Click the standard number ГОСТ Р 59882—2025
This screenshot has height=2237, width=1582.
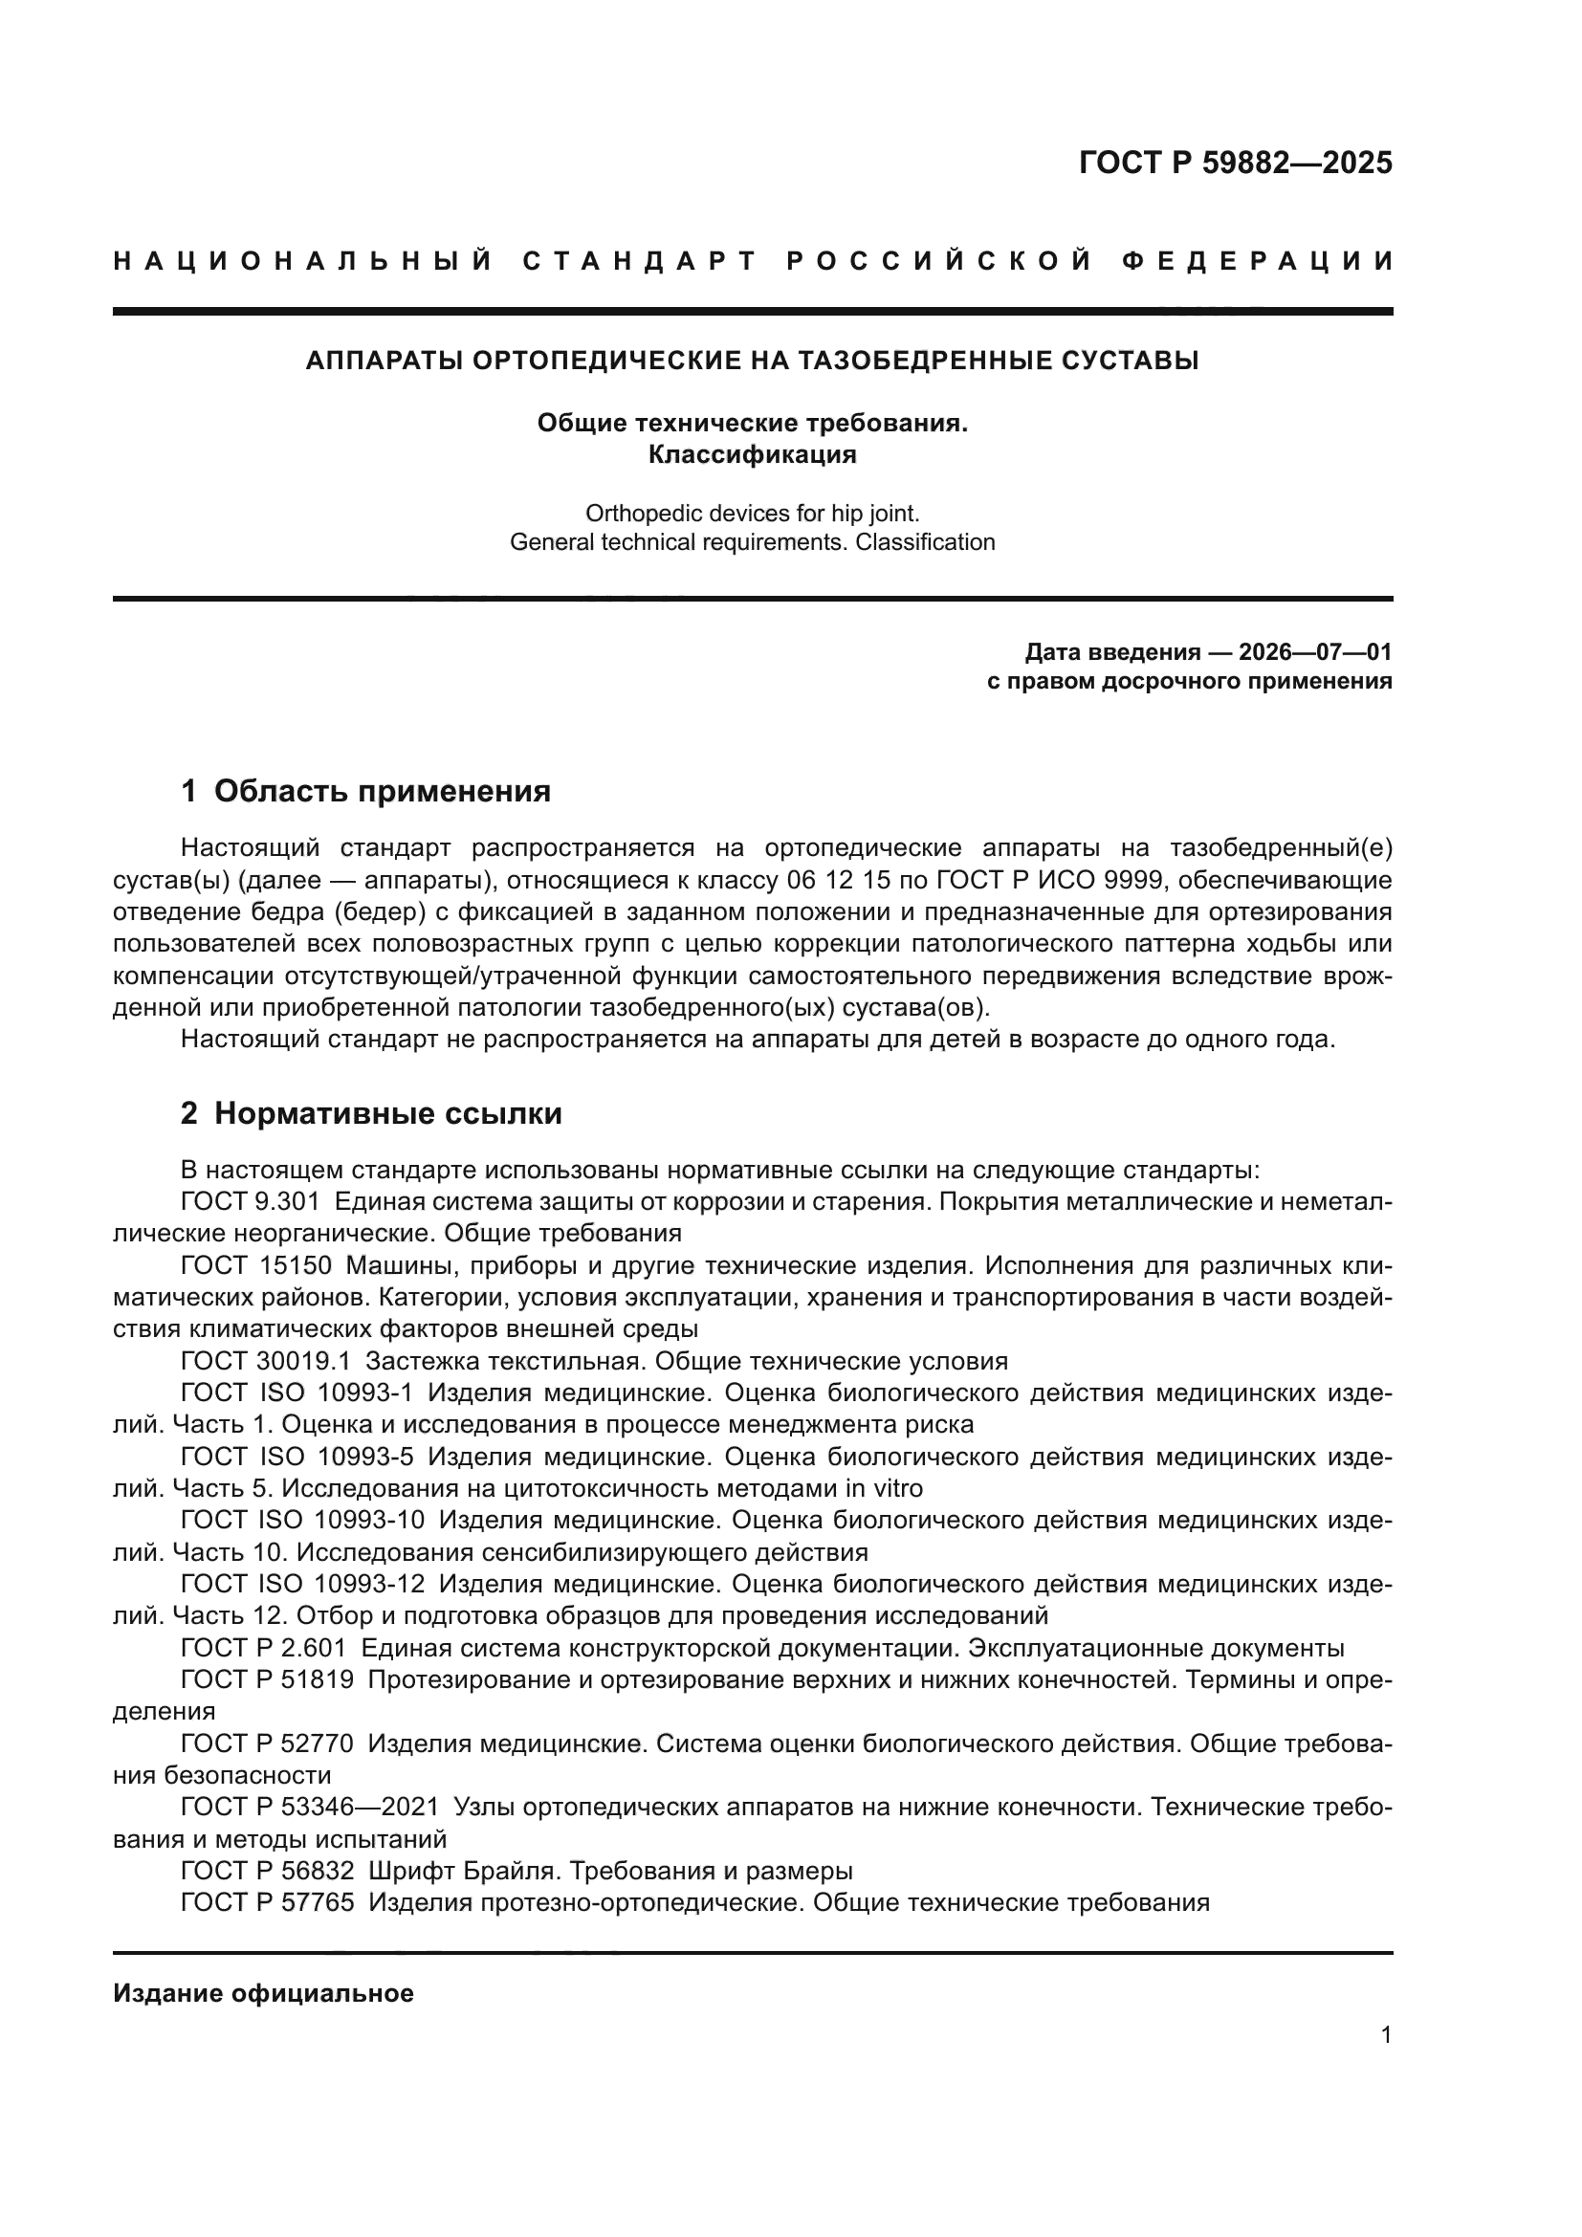point(1235,163)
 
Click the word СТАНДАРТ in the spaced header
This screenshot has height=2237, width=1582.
point(640,261)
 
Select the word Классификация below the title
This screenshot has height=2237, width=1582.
point(752,454)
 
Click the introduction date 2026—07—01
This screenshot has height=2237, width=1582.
point(1315,651)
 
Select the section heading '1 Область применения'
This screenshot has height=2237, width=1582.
point(365,790)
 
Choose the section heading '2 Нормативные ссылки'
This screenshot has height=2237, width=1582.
point(371,1112)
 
